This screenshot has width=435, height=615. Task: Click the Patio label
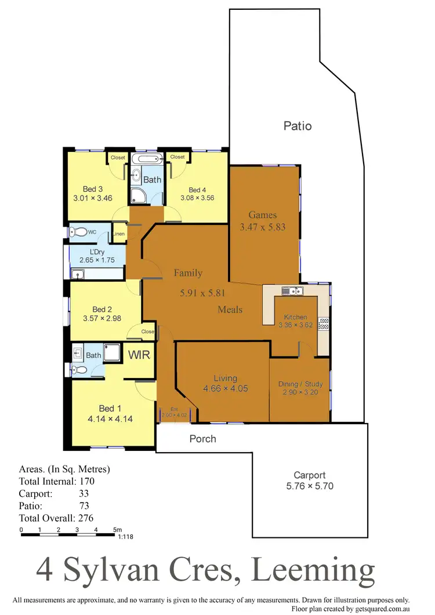[x=298, y=126]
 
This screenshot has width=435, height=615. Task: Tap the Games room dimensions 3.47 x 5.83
[x=263, y=227]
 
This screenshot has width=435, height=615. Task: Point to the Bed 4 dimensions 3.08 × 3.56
[x=197, y=197]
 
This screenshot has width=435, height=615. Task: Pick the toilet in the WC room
[x=79, y=232]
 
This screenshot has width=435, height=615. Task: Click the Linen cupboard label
[x=119, y=234]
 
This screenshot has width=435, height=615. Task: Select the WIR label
[x=139, y=354]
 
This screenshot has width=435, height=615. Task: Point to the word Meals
[x=230, y=310]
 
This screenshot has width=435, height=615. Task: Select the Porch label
[x=203, y=439]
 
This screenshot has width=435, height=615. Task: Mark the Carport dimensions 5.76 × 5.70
[x=310, y=487]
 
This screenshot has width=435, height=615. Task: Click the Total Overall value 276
[x=86, y=518]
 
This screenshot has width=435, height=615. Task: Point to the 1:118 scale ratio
[x=125, y=537]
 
